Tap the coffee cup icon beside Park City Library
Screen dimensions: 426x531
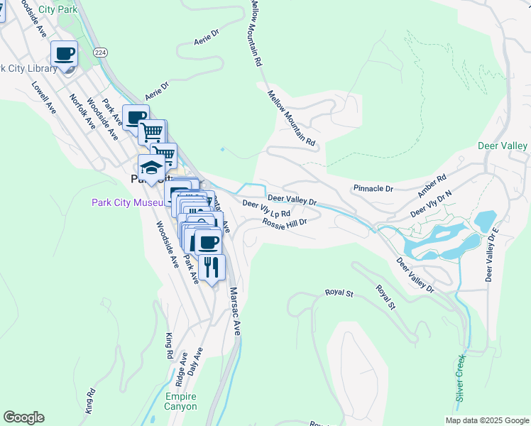point(64,54)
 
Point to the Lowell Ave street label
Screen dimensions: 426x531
point(43,97)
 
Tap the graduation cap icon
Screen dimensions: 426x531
point(151,168)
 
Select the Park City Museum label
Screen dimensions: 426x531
point(128,202)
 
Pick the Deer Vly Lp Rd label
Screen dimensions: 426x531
point(267,209)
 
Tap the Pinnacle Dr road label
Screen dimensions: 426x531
point(373,189)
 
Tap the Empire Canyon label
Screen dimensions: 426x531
point(181,401)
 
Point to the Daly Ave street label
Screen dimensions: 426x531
point(196,361)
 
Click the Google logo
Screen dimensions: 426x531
point(23,417)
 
